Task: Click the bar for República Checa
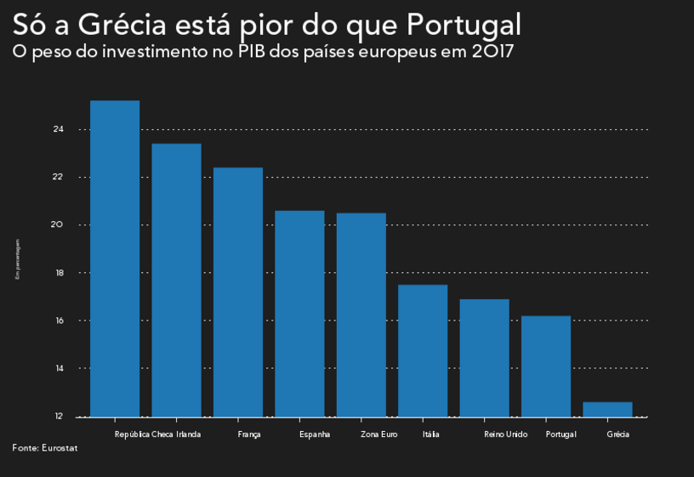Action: [115, 258]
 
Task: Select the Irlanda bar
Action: [176, 281]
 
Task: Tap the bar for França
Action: [238, 292]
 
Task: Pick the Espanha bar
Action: [299, 314]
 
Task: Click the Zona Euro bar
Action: [361, 315]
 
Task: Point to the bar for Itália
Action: [423, 350]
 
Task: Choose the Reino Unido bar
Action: [484, 358]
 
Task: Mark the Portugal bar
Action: [546, 366]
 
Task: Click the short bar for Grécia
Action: [607, 410]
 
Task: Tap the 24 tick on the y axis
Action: [59, 129]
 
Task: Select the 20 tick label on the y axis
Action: [59, 224]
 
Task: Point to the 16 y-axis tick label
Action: [59, 321]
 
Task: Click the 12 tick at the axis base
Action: [59, 416]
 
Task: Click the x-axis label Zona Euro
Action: [378, 434]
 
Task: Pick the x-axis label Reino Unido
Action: [505, 434]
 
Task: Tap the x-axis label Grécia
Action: [618, 434]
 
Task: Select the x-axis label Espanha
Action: [315, 434]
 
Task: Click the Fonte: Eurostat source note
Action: [44, 448]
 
